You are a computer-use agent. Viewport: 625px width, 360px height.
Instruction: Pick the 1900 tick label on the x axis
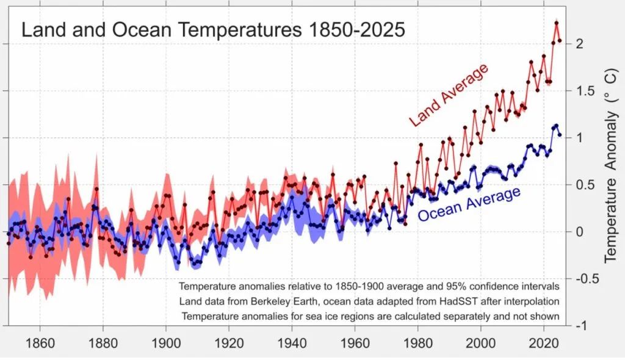166,343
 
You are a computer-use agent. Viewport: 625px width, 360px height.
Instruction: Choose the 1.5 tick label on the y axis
581,91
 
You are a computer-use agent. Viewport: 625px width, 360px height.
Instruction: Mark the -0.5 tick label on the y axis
583,279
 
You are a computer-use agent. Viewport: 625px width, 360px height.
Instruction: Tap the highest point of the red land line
557,23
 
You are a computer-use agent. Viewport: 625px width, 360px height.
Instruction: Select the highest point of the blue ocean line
556,126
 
